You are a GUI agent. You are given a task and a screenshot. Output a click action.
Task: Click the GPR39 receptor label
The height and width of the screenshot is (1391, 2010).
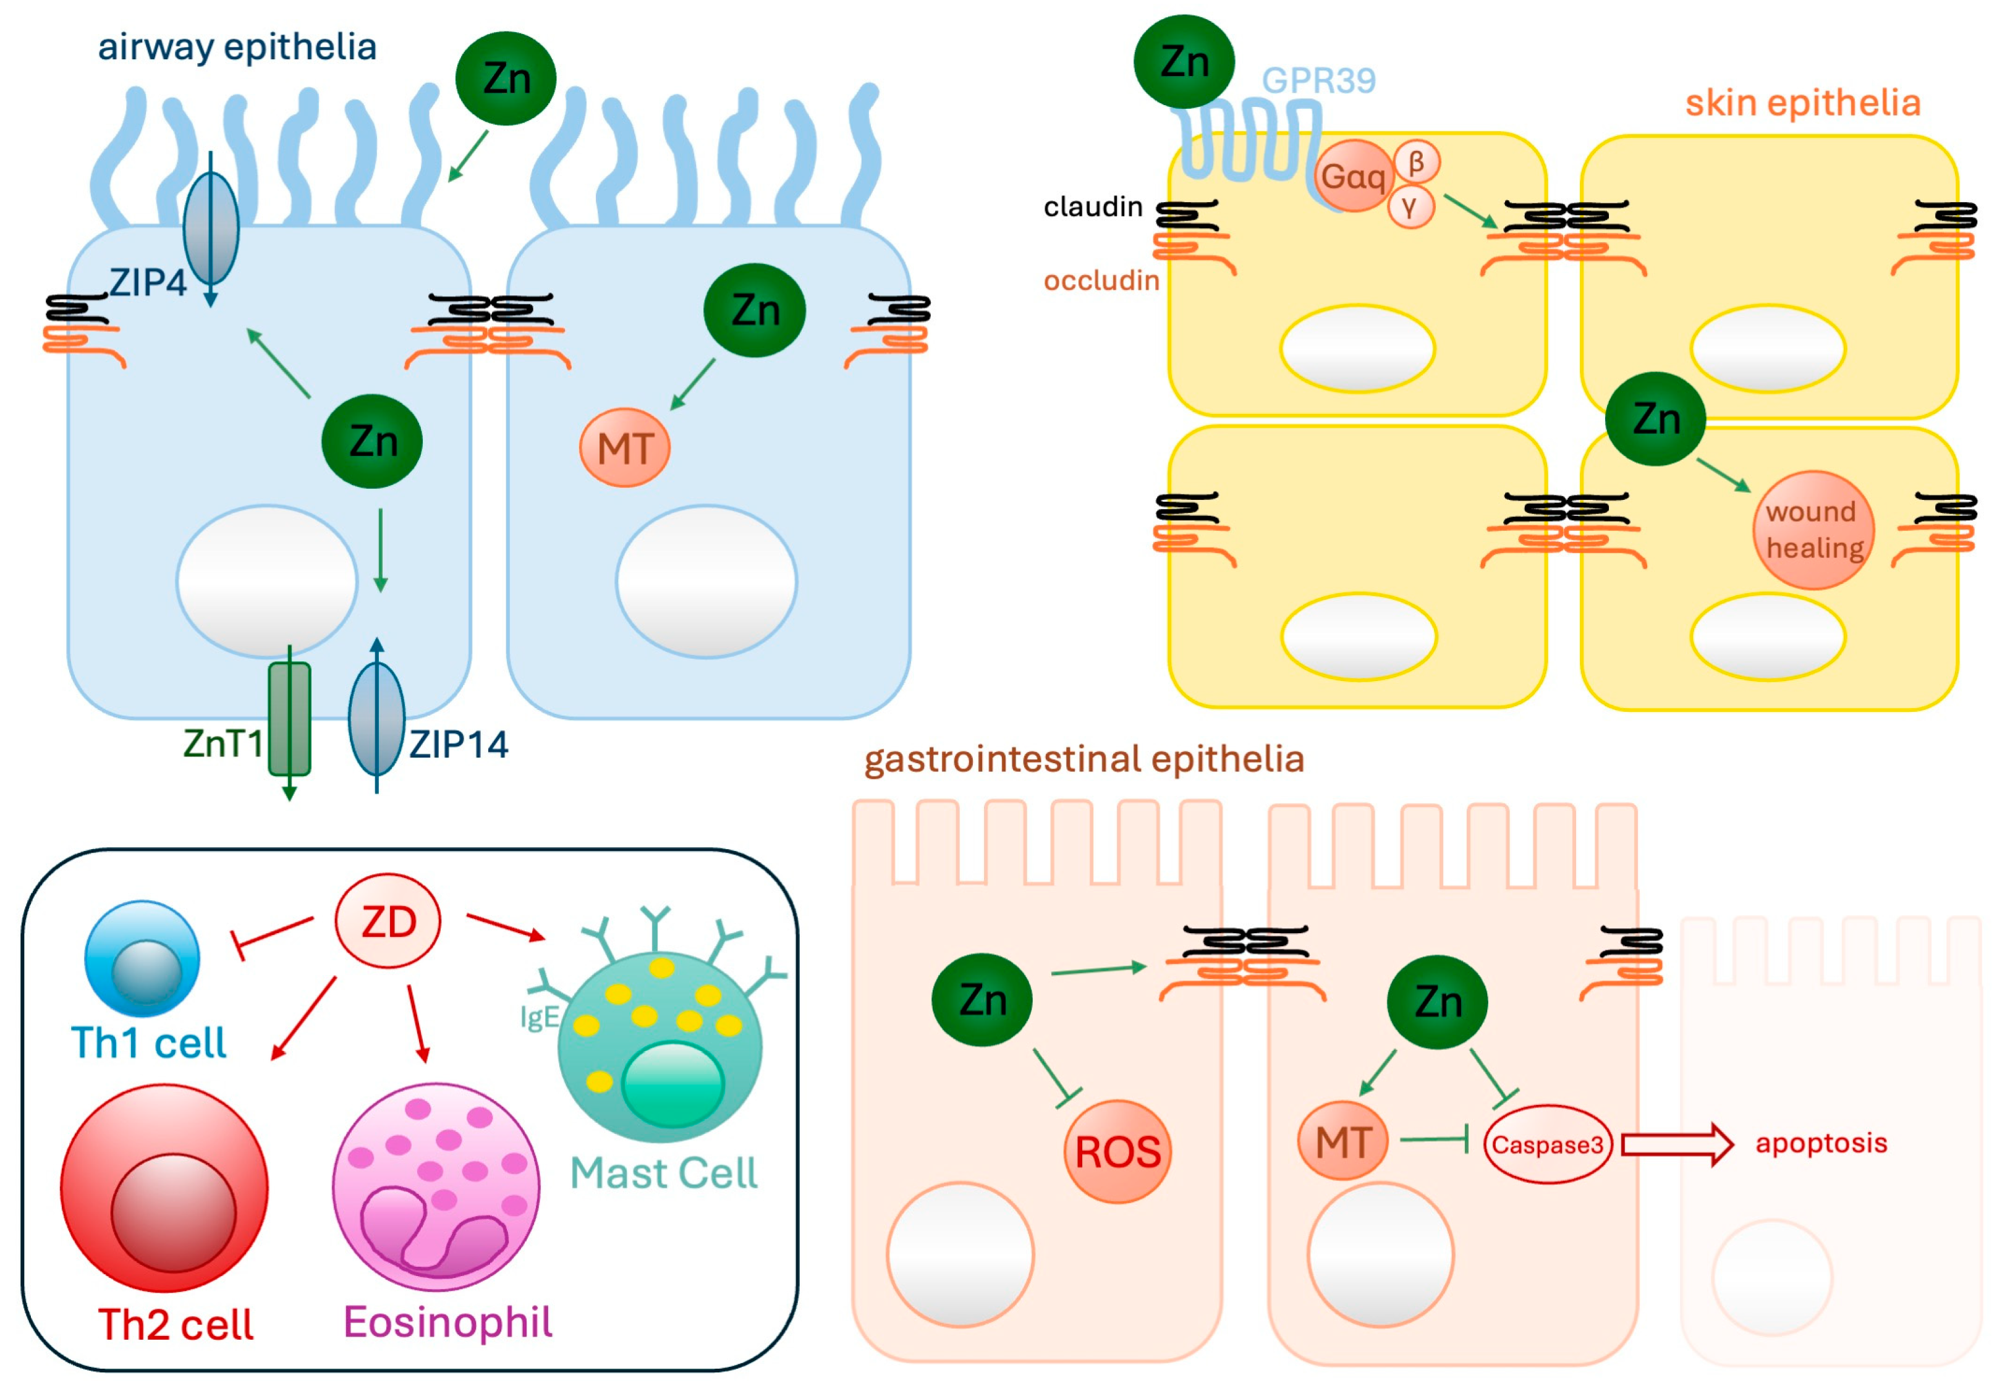[x=1318, y=80]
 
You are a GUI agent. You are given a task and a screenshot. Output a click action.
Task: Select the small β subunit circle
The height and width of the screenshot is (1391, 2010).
[x=1415, y=161]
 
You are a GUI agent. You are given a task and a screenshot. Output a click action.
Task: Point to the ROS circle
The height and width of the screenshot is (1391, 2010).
[x=1117, y=1151]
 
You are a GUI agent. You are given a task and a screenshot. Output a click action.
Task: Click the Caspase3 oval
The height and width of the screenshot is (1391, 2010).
[x=1547, y=1144]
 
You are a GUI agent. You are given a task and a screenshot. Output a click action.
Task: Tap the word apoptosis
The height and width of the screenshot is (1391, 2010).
[x=1821, y=1143]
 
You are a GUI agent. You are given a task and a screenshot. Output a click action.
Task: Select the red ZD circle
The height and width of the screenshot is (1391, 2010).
[x=388, y=921]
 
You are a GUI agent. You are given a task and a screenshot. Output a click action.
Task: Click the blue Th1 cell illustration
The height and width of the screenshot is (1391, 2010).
[x=142, y=958]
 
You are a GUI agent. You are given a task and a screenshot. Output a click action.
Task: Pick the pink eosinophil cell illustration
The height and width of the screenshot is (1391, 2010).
[x=436, y=1187]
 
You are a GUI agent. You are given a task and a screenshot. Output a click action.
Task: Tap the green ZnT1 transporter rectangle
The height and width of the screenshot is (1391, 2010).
[x=289, y=719]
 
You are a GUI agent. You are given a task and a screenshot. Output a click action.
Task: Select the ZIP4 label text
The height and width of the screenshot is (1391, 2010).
[x=147, y=282]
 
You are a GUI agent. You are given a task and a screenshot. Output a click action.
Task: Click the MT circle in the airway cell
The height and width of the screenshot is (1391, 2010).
[x=624, y=448]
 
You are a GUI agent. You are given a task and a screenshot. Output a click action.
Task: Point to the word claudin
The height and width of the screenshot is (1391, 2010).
[x=1093, y=206]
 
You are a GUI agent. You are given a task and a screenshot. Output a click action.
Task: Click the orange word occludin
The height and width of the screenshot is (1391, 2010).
[x=1101, y=280]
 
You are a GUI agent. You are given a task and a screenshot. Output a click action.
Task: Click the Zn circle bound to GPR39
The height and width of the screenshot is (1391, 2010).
[x=1184, y=62]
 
